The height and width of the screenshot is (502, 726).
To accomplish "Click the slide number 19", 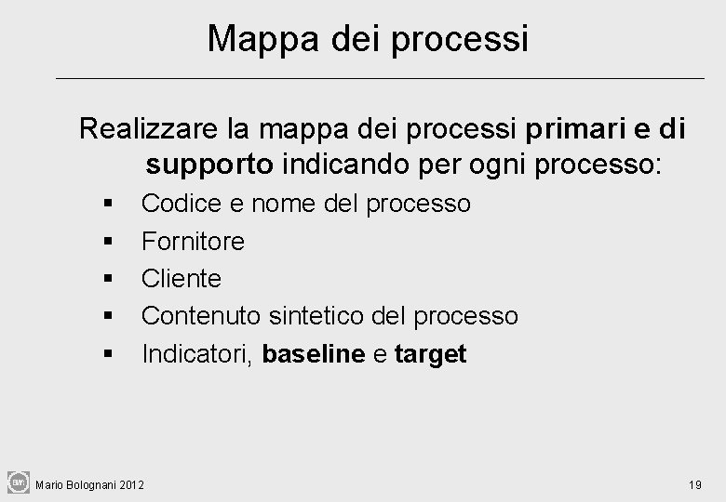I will (694, 484).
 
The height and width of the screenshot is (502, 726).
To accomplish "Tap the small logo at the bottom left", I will (18, 482).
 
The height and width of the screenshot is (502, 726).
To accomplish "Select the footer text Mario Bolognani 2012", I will (89, 484).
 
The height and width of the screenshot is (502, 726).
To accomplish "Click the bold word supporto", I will (209, 165).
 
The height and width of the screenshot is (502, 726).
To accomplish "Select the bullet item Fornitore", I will (193, 241).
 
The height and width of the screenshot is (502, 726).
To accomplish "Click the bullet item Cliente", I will (181, 278).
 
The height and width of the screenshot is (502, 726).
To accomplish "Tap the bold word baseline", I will (314, 354).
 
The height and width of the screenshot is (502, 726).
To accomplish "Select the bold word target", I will (430, 354).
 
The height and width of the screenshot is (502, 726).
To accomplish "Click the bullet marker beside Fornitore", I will (110, 242).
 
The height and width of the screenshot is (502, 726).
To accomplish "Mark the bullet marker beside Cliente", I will (110, 279).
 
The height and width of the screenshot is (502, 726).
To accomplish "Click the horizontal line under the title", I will (380, 78).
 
